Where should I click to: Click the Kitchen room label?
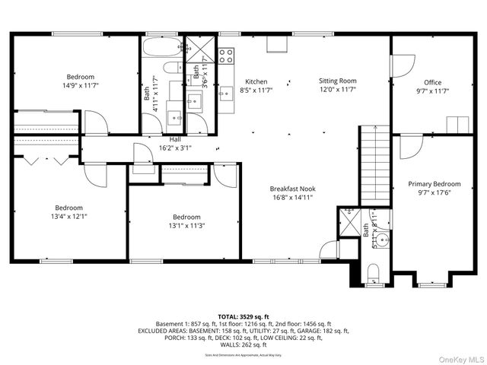coord(256,81)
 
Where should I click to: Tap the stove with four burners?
coord(226,56)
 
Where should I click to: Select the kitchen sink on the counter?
coord(225,93)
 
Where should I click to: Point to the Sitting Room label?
coord(337,81)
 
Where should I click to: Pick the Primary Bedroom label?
coord(434,184)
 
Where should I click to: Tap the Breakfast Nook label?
coord(292,189)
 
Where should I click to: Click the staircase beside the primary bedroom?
coord(374,164)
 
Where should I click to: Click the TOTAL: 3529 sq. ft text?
coord(243,316)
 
